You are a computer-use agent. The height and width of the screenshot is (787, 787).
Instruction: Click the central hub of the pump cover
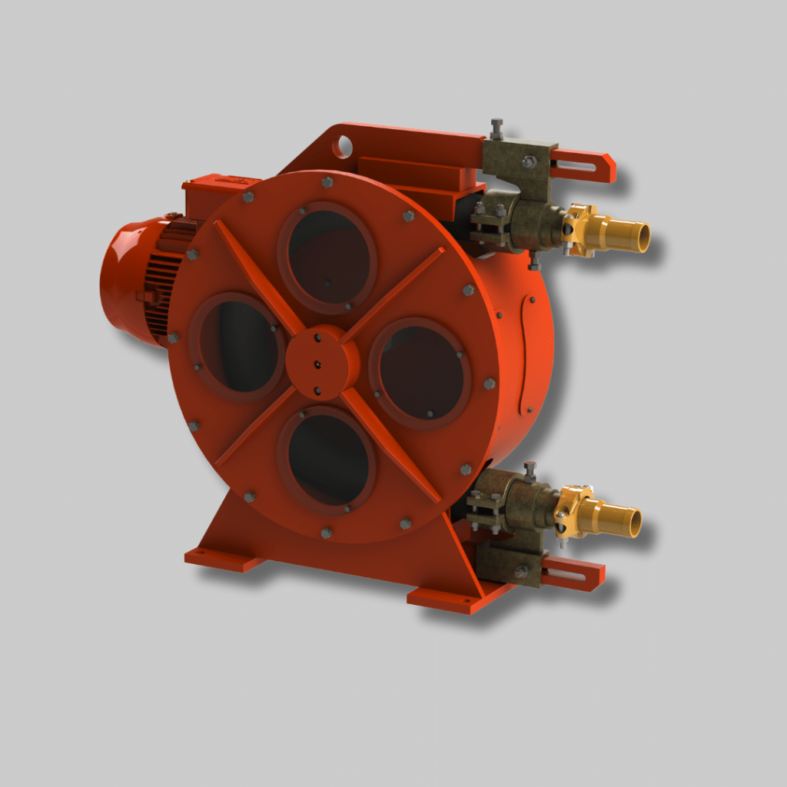321,361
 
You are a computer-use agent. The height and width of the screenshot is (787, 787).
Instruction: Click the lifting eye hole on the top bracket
343,145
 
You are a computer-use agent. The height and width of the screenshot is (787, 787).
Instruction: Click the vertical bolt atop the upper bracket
496,128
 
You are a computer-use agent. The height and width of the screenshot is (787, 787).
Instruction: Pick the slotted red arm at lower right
573,573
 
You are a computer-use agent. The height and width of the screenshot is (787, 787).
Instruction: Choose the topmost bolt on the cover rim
327,182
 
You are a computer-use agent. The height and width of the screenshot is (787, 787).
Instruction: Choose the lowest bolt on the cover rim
327,532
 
